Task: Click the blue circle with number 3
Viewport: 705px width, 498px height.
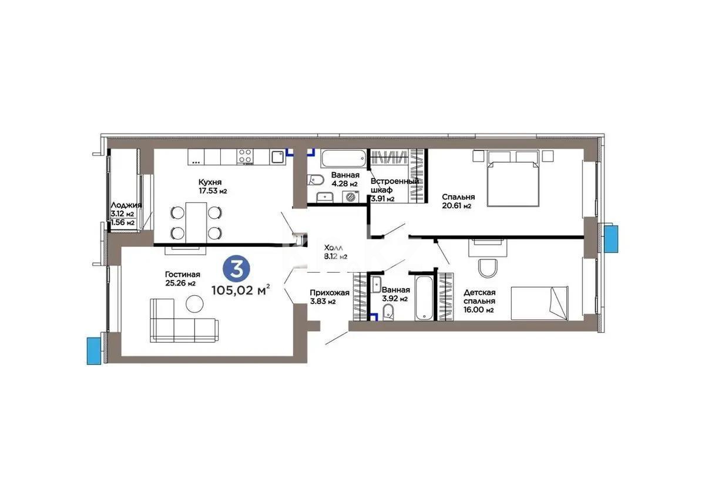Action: pos(237,269)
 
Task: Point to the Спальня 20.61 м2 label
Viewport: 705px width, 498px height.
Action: pos(458,201)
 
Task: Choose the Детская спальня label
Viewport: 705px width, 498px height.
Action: pos(479,300)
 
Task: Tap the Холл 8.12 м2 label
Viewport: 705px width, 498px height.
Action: pos(335,252)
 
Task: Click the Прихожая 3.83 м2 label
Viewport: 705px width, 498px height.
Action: pos(330,297)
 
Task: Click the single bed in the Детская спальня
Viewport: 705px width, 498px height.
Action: pos(539,302)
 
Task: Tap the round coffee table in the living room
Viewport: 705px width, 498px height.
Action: pos(195,304)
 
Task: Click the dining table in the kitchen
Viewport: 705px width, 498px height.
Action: pos(196,222)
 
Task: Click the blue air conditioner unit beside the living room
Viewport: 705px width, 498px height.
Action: pos(94,350)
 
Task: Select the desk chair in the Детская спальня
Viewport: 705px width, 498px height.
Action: pos(488,268)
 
